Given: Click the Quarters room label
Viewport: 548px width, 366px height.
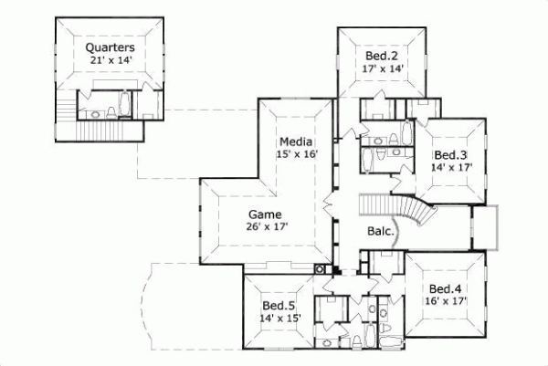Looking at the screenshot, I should point(111,47).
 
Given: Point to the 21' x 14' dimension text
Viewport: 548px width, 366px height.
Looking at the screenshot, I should point(111,60).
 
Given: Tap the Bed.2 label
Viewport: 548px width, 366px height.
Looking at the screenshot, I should point(383,54).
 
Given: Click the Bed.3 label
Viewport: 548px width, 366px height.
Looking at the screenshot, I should point(450,154).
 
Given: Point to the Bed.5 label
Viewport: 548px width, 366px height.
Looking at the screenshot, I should point(279,305).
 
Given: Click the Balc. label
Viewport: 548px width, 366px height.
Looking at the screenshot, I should point(381,231).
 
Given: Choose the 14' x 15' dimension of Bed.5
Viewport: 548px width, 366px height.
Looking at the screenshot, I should point(279,318).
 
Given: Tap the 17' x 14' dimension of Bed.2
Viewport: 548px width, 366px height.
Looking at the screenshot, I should point(383,67).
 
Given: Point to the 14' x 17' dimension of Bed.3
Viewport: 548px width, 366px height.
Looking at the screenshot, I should point(450,168).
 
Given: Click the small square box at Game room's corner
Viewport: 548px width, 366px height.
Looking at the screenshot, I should point(319,269).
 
